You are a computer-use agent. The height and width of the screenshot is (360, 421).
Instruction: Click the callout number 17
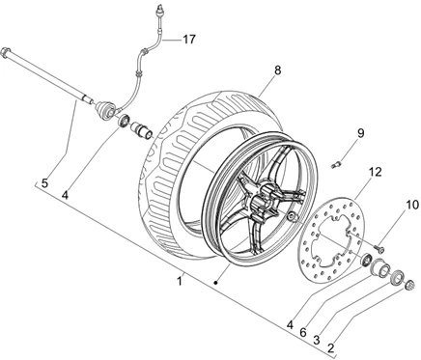(x=189, y=40)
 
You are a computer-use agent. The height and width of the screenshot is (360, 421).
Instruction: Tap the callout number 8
(x=277, y=70)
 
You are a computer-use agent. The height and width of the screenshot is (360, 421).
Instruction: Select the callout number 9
(x=360, y=133)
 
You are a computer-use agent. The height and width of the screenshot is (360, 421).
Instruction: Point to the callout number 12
(x=375, y=172)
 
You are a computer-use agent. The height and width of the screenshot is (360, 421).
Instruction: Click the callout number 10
(x=412, y=205)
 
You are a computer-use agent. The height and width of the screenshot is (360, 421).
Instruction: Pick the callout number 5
(x=44, y=183)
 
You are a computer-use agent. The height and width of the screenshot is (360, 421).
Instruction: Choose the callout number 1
(x=180, y=281)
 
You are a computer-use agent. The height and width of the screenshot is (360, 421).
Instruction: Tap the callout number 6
(x=303, y=332)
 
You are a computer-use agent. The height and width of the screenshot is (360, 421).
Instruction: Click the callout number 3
(x=317, y=340)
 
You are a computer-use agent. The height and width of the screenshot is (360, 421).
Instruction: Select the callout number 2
(x=330, y=347)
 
